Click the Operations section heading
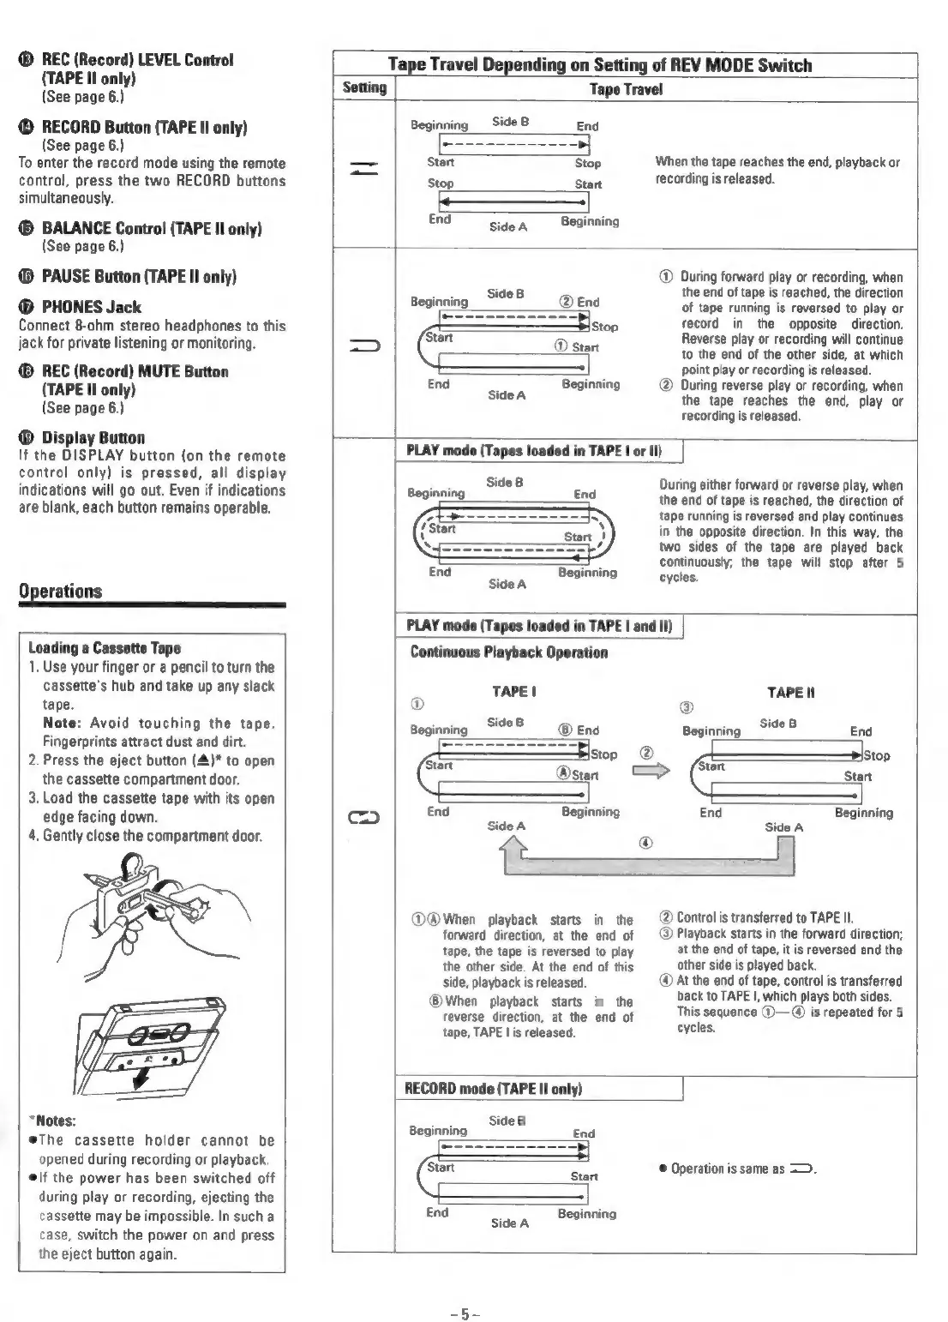coord(60,591)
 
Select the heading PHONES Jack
coord(91,307)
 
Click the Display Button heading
coord(93,437)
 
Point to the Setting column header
coord(364,88)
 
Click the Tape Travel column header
coord(626,89)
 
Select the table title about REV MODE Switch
coord(599,65)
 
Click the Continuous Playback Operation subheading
coord(509,652)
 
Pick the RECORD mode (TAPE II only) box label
coord(494,1089)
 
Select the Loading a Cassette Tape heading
coord(105,648)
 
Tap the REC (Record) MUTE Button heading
coord(135,371)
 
